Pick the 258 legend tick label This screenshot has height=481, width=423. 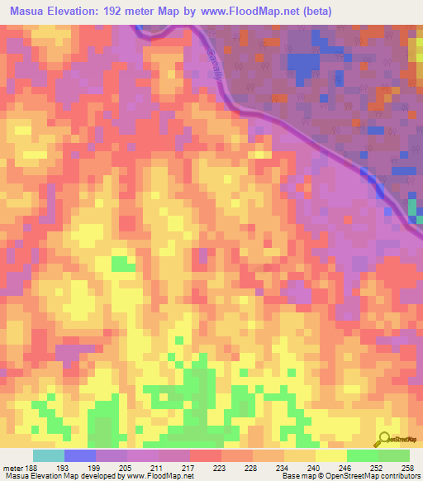(x=408, y=467)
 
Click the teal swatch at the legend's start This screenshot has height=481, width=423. (x=48, y=455)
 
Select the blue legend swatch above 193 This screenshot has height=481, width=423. (x=79, y=455)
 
